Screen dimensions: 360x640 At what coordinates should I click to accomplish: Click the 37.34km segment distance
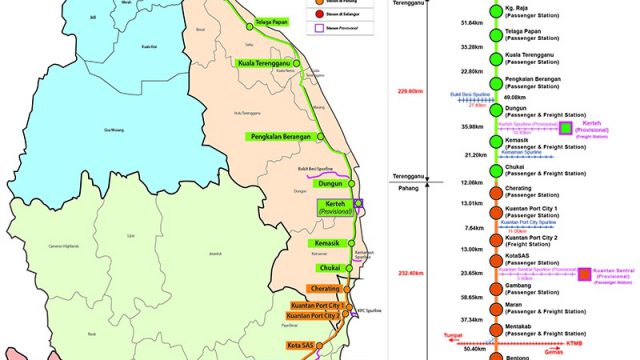click(444, 320)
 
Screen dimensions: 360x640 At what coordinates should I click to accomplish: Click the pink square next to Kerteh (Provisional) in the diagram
click(566, 128)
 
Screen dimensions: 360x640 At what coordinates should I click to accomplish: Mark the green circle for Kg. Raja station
click(494, 13)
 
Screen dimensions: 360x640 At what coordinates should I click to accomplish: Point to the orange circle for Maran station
click(494, 309)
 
